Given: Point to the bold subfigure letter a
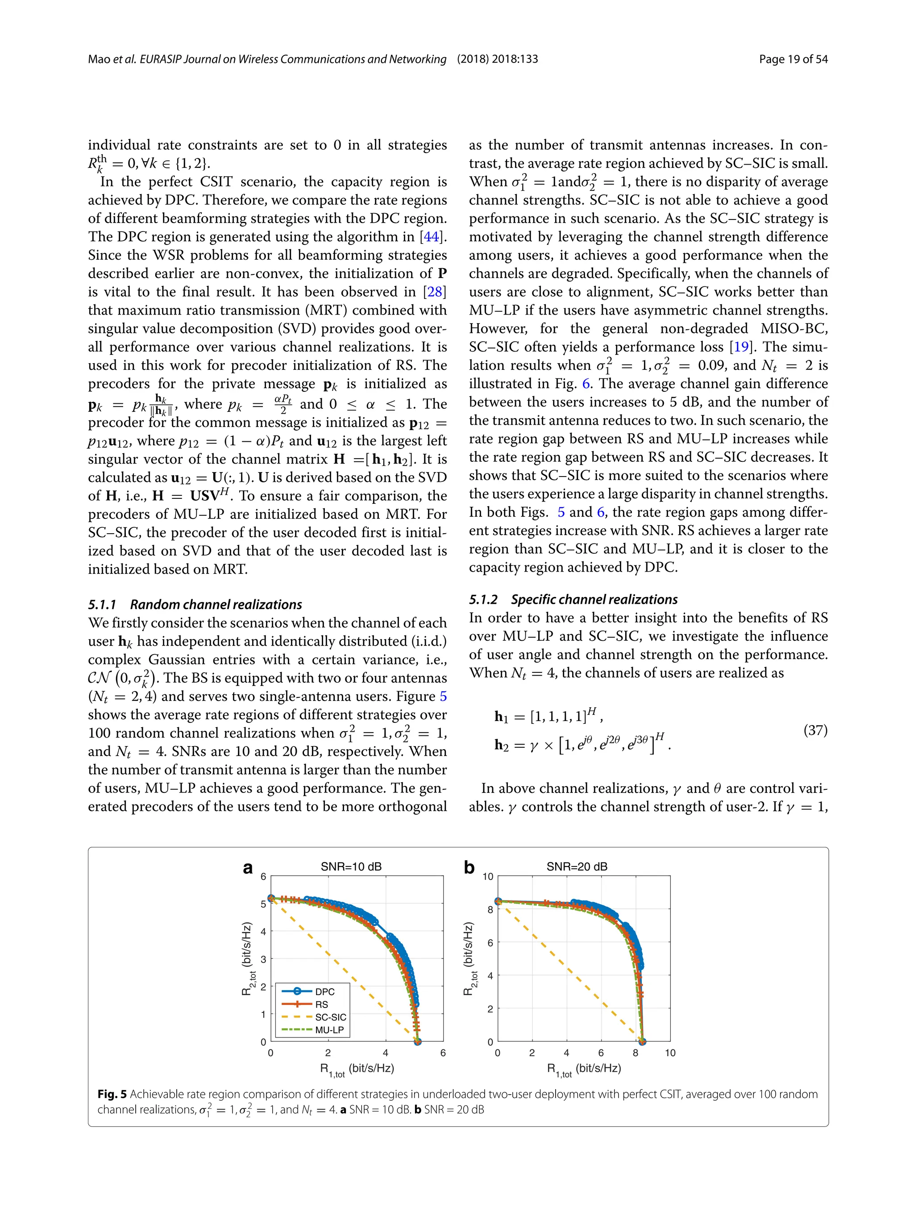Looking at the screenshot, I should [248, 868].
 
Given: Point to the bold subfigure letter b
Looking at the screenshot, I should [469, 868].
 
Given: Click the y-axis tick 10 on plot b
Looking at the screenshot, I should [488, 877].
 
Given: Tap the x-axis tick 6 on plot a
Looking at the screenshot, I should [443, 1053].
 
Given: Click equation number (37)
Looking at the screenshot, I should [815, 730].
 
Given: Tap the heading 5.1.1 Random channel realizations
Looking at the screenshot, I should [195, 604].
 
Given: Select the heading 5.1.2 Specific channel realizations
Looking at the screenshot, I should [573, 599].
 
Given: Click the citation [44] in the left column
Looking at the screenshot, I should [433, 237].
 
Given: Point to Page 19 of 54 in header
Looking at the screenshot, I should [793, 59].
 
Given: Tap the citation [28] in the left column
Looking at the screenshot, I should [435, 292].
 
